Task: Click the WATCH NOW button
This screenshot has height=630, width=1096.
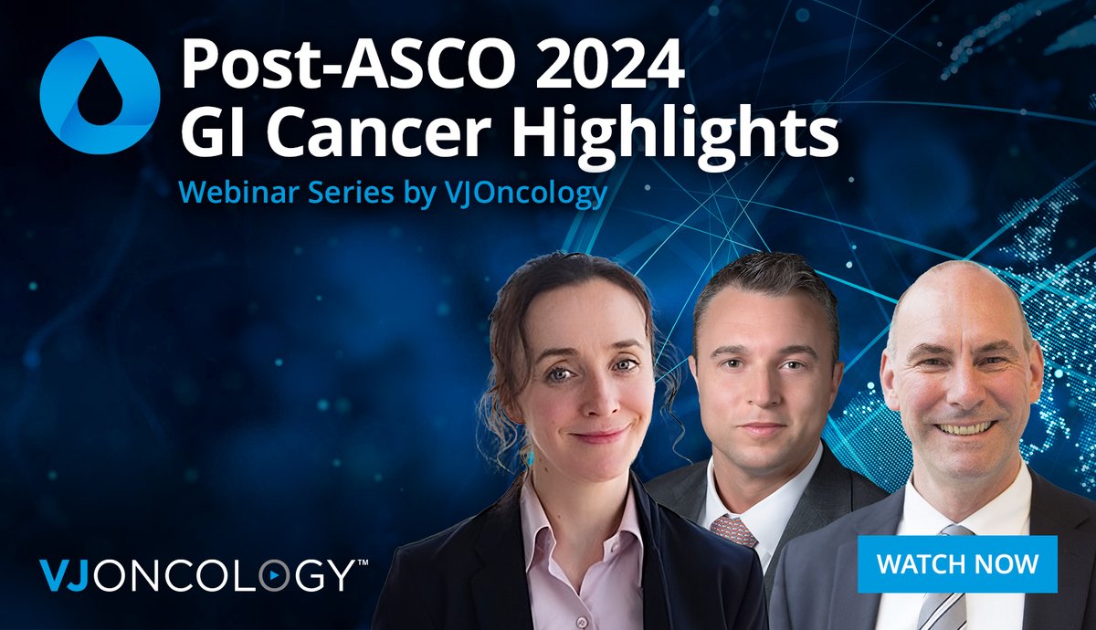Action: point(958,564)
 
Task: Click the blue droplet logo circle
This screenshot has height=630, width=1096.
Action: point(100,94)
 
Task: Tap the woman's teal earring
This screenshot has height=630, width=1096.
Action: point(528,454)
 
